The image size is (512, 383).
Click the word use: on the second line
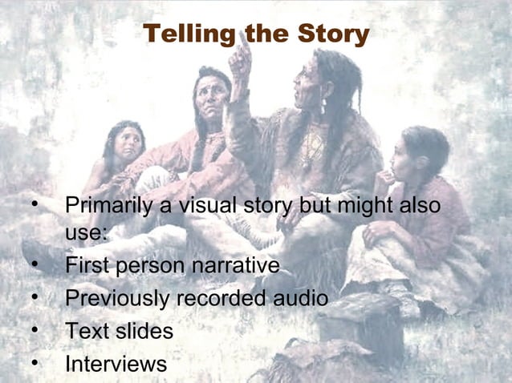(x=87, y=234)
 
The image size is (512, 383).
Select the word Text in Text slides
(x=85, y=331)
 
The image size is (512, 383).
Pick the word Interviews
(x=116, y=364)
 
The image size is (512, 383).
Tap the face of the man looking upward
(x=213, y=97)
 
